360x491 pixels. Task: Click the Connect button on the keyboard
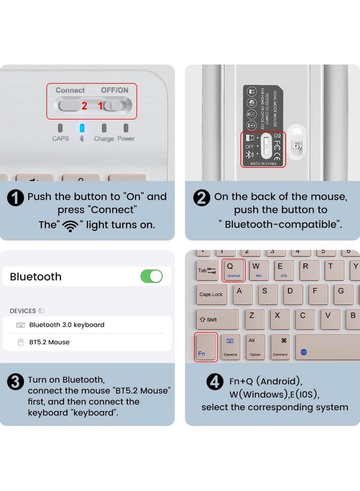point(68,106)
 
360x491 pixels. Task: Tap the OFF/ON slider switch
point(115,106)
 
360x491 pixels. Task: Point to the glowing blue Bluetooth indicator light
point(82,128)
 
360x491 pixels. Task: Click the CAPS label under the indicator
point(60,139)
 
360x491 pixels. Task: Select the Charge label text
point(103,139)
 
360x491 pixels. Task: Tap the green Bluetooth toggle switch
point(152,276)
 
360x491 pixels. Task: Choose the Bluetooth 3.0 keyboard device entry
point(67,325)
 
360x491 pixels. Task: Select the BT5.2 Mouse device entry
point(49,342)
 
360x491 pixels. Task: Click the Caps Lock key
point(211,294)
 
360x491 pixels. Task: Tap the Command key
point(280,347)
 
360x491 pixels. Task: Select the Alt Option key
point(255,347)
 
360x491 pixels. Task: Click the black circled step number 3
point(16,382)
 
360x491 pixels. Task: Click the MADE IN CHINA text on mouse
point(263,163)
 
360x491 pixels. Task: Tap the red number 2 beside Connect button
point(84,106)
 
